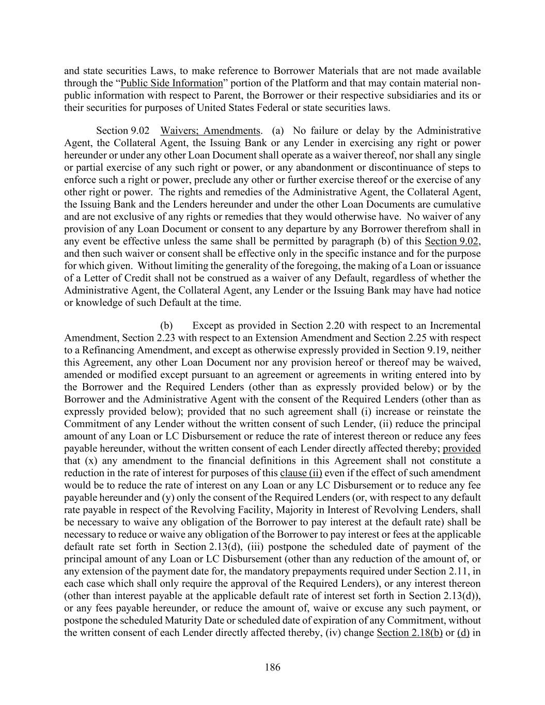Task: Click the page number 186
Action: [x=272, y=667]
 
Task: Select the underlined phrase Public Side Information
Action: [x=171, y=84]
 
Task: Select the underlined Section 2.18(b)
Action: [x=410, y=633]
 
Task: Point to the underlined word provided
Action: [x=462, y=448]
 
